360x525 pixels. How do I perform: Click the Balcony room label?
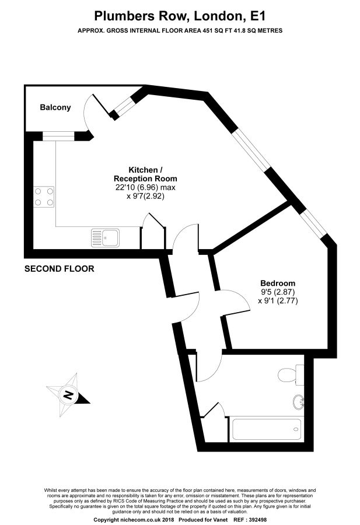pyautogui.click(x=55, y=107)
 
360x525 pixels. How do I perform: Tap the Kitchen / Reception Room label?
pyautogui.click(x=145, y=174)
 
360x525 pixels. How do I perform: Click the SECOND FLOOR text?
pyautogui.click(x=59, y=269)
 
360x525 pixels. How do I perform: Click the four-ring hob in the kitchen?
pyautogui.click(x=44, y=197)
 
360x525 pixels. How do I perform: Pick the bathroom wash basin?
pyautogui.click(x=298, y=402)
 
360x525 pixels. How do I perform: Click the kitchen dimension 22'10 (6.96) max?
pyautogui.click(x=145, y=188)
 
